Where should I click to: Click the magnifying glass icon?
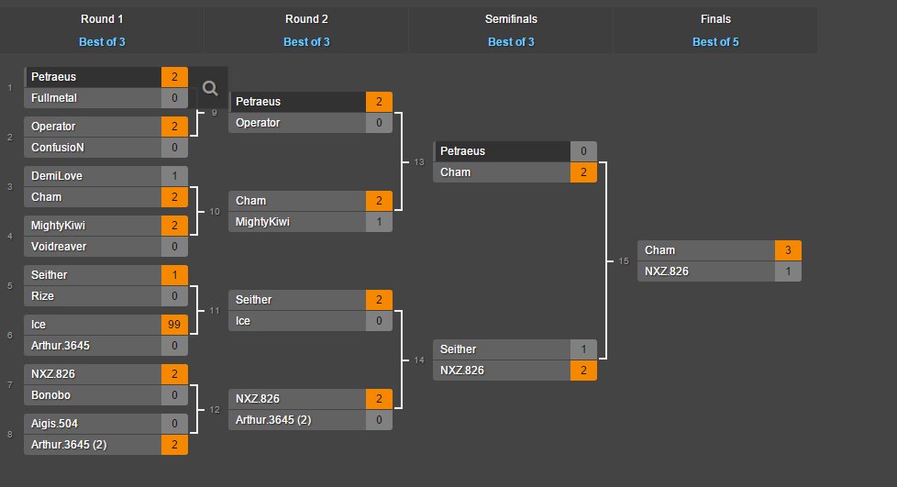pos(210,88)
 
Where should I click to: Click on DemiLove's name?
pos(56,176)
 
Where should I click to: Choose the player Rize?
pos(43,296)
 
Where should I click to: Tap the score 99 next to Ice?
pos(174,325)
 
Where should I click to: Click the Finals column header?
pos(714,19)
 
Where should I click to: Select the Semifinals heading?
pos(511,19)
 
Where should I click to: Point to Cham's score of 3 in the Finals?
pos(788,250)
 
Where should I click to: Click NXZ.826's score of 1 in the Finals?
pos(788,271)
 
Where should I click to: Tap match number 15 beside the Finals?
pos(624,261)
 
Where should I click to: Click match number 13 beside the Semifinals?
pos(419,162)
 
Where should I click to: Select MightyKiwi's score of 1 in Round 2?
pos(379,222)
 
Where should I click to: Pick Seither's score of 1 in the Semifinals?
pos(583,349)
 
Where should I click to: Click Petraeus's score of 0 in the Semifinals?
pos(583,151)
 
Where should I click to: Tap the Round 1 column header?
pos(103,19)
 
